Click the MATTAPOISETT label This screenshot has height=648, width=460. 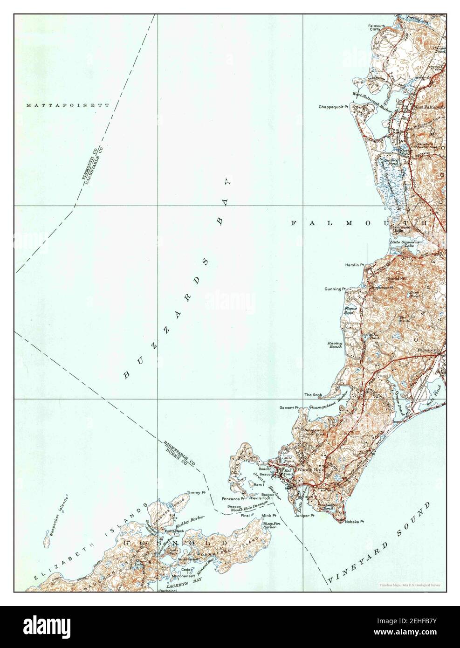click(68, 105)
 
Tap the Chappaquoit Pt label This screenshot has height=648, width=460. click(334, 107)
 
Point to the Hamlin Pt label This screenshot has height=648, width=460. click(354, 265)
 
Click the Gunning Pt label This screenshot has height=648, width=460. click(335, 289)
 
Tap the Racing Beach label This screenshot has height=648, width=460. click(335, 345)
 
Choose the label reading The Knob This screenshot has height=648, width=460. click(313, 395)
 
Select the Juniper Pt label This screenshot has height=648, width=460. click(304, 516)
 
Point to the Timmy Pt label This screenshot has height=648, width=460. click(196, 492)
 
